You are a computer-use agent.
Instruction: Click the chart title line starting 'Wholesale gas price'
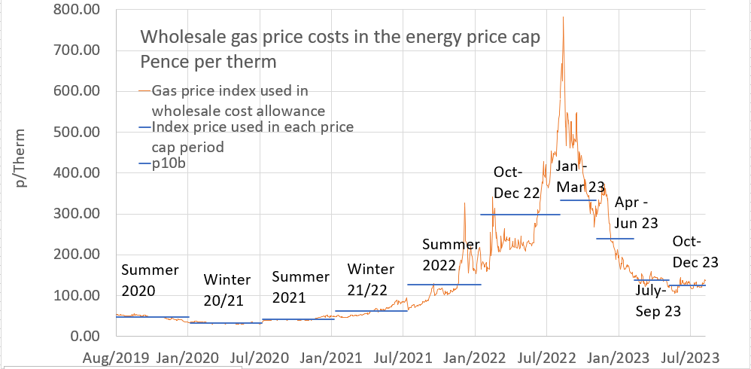[x=341, y=37]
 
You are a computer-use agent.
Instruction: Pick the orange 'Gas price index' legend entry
[x=230, y=100]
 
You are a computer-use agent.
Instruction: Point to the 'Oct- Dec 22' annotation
[x=516, y=182]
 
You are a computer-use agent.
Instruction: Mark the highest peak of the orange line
[x=563, y=17]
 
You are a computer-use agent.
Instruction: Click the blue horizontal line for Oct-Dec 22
[x=526, y=215]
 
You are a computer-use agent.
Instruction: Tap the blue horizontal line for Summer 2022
[x=444, y=285]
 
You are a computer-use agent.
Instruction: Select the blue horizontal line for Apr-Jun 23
[x=615, y=239]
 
